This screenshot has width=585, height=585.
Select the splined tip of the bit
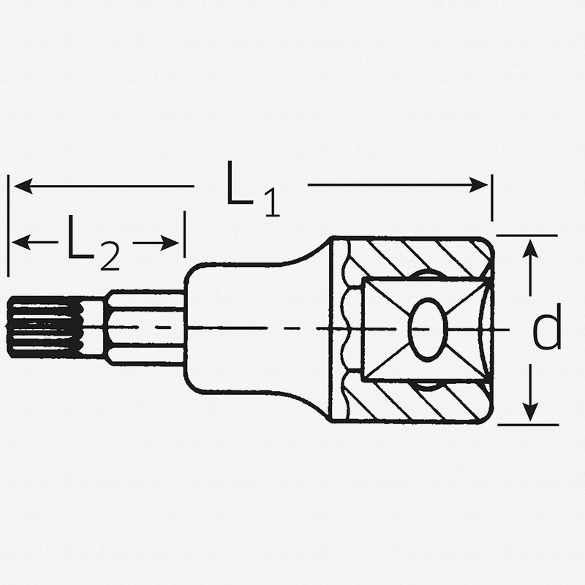(x=44, y=328)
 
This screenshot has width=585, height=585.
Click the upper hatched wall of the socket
(x=417, y=256)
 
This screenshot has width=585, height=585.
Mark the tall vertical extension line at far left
(x=8, y=227)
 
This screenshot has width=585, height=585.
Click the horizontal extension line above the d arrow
(x=526, y=235)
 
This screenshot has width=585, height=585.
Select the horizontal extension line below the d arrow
(x=526, y=424)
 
